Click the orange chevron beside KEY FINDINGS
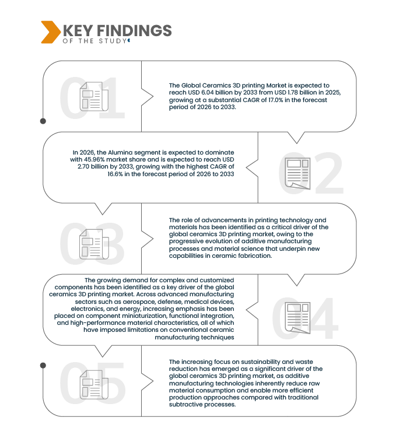tap(51, 32)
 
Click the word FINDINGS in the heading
tap(134, 30)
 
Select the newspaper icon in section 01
tap(94, 97)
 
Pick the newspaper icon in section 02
tap(298, 174)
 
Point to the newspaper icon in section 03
tap(94, 244)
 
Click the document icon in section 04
tap(298, 318)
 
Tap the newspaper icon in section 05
tap(94, 385)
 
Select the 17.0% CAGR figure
tap(276, 100)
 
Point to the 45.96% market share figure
tap(94, 160)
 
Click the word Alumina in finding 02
tap(118, 152)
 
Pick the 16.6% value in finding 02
tap(115, 174)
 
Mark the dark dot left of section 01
tap(43, 121)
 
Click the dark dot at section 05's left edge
tap(43, 366)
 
